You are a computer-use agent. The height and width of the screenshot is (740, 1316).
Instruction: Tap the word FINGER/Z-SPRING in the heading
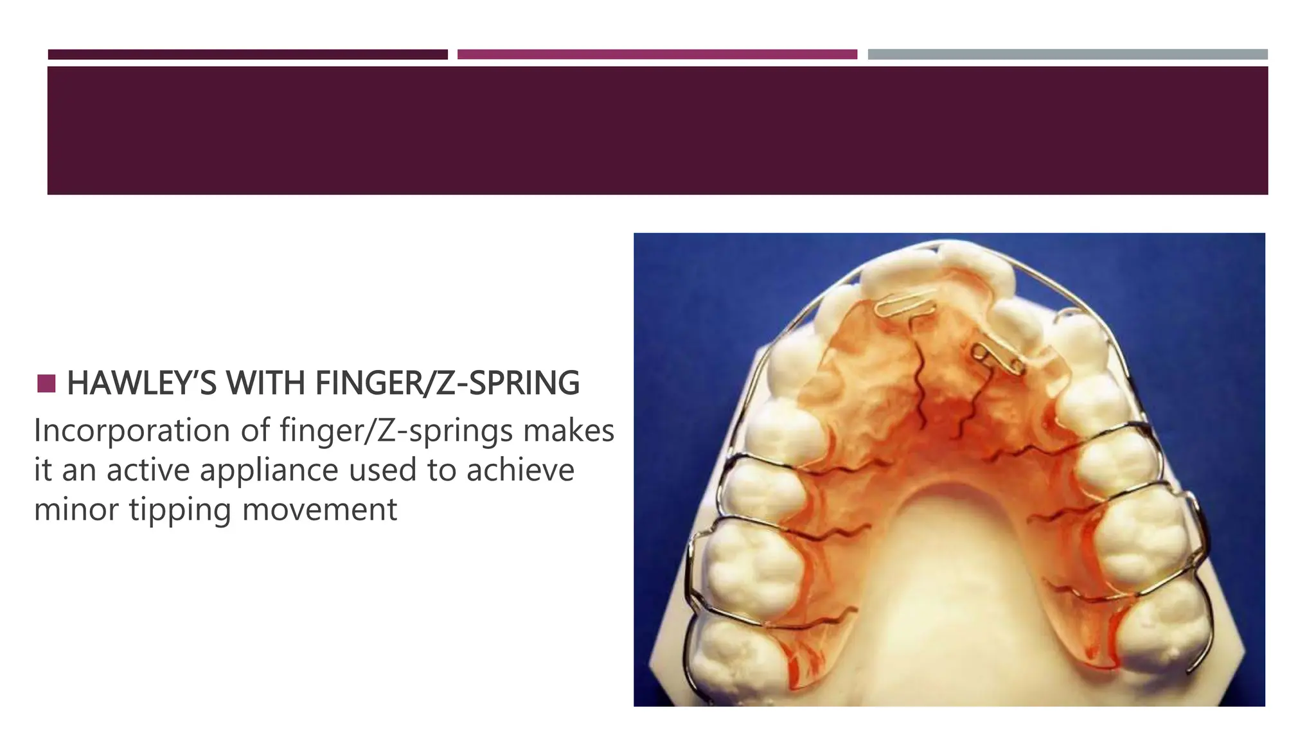click(447, 383)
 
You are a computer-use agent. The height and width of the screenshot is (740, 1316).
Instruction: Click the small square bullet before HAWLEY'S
click(46, 383)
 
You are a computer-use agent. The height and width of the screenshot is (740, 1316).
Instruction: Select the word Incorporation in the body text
click(132, 430)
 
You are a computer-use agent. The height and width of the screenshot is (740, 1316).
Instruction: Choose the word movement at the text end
click(319, 510)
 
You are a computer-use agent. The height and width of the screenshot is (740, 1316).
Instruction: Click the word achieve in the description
click(520, 470)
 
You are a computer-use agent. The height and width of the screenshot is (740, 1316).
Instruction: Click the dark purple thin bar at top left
click(247, 55)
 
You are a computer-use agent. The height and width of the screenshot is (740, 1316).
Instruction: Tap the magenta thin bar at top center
click(657, 55)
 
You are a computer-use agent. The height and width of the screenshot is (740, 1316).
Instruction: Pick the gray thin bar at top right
click(1067, 55)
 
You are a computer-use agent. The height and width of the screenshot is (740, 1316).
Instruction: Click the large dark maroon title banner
click(657, 130)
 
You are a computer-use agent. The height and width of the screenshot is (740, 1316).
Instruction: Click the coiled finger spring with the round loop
click(996, 360)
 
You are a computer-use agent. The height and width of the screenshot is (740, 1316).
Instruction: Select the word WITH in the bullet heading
click(265, 383)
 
